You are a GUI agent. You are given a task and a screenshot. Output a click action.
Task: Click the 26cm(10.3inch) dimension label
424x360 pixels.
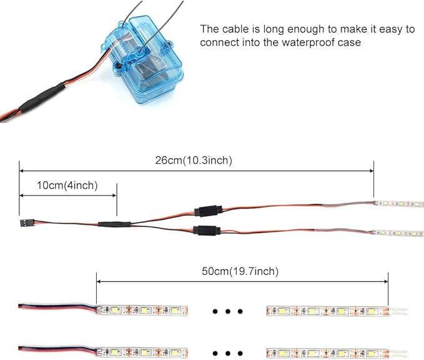coord(194,160)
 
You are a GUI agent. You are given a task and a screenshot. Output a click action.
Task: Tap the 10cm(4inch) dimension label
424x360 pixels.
coord(67,186)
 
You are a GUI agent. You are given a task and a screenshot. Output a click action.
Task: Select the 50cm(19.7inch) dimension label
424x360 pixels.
coord(240,271)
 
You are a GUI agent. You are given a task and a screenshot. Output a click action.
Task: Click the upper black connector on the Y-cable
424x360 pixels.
coord(208,211)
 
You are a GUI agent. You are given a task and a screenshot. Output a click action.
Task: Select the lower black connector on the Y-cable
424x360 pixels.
coord(207,230)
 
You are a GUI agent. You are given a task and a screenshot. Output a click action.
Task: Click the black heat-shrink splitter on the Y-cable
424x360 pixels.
coord(114,224)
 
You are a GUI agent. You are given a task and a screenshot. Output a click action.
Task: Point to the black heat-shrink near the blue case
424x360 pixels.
coord(42,97)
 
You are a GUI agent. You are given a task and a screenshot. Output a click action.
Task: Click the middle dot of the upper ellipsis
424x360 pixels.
coord(228,311)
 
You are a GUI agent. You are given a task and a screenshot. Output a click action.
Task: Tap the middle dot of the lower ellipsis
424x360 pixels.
coord(228,353)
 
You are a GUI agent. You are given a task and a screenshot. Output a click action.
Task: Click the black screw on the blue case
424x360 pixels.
coord(117,66)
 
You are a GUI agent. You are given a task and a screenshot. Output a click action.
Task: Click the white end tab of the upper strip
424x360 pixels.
coord(398,311)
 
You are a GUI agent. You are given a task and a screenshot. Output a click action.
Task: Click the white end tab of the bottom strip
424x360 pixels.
coord(398,353)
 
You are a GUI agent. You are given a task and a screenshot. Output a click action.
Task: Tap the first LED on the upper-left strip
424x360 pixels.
coord(116,310)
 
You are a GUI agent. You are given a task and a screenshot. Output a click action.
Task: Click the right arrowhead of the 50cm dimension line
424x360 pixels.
coord(385,281)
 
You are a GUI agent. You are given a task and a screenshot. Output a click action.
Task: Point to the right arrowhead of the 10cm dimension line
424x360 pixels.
coord(114,196)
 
